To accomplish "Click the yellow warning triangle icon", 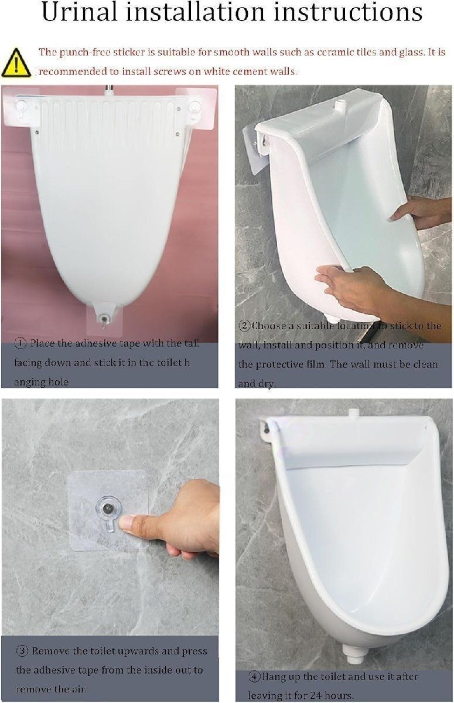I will point(16,63).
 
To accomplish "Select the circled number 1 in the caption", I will point(21,343).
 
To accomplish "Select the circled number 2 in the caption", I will point(244,326).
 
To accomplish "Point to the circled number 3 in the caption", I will point(22,651).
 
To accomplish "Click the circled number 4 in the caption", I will point(254,677).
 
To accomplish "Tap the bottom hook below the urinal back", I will point(103,319).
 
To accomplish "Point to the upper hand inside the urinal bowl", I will point(422,211).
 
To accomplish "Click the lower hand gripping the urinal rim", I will point(346,284).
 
